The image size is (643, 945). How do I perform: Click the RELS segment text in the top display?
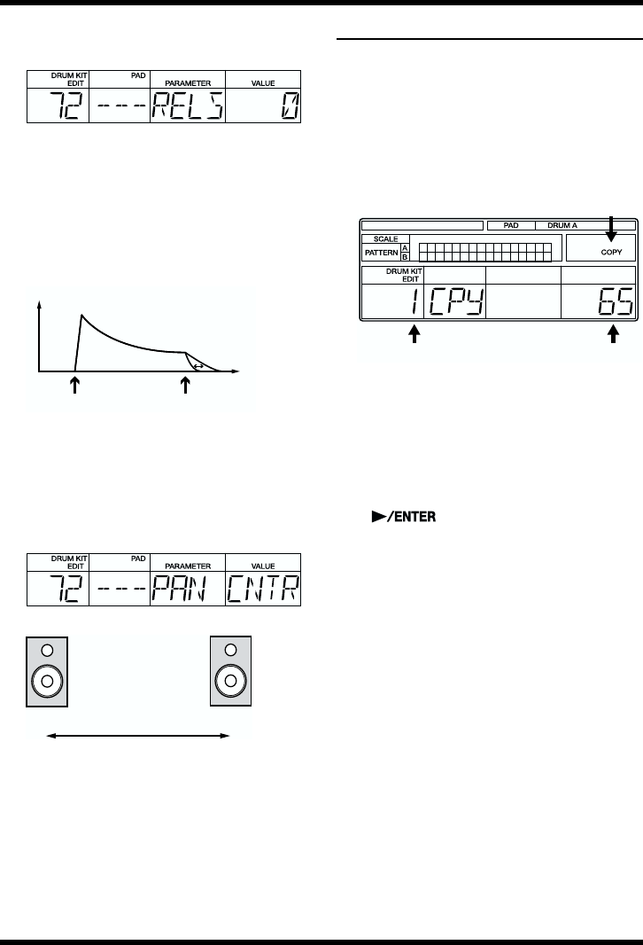190,108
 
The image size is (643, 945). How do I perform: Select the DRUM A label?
562,226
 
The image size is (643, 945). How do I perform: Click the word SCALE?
380,239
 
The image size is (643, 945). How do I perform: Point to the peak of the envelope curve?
81,315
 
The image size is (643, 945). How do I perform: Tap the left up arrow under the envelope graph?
75,384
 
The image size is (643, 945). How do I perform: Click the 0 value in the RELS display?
289,108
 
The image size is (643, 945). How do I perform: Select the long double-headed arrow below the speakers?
138,736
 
